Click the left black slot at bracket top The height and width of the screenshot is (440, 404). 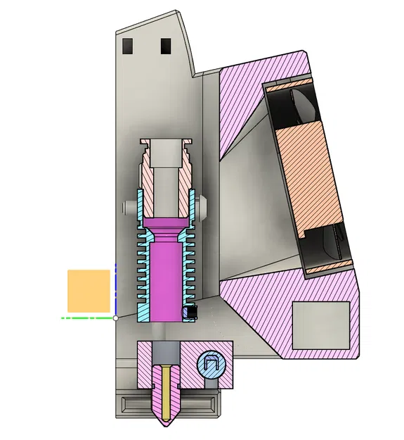(127, 46)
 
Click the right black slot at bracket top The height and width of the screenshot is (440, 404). (166, 46)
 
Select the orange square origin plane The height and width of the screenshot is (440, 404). (89, 291)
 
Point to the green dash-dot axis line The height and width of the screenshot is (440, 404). (84, 318)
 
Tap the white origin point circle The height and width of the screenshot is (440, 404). (115, 318)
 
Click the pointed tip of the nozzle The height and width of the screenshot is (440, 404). (167, 424)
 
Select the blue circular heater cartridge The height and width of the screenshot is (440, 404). (210, 364)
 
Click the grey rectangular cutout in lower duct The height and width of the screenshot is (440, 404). (320, 324)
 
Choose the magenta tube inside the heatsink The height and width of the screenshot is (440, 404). (167, 278)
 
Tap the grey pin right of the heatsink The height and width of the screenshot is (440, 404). (204, 208)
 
